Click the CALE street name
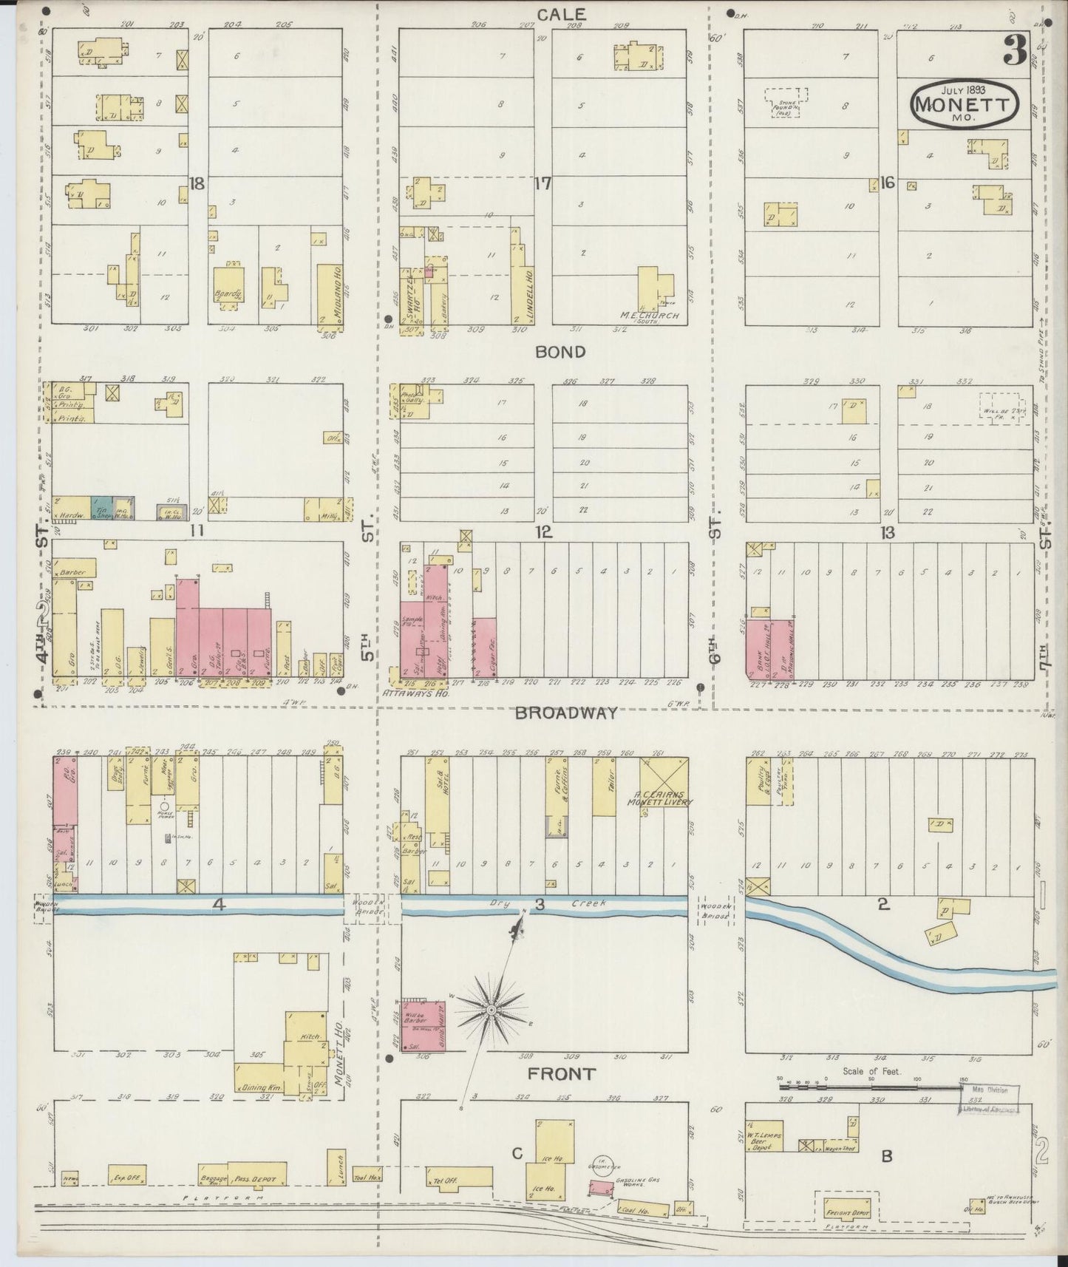561,14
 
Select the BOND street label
560,352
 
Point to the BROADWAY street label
565,713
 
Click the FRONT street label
561,1073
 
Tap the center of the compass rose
491,1009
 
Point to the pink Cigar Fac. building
484,648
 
